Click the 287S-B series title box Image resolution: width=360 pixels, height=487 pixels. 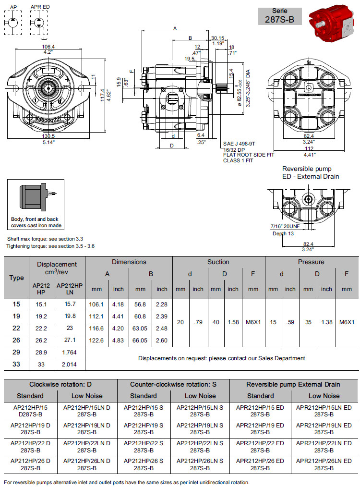tap(280, 16)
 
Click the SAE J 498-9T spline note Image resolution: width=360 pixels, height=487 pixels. tap(239, 143)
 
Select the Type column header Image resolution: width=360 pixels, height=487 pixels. tap(16, 278)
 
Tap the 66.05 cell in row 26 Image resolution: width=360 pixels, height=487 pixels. tap(140, 340)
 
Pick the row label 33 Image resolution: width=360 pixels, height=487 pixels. tap(16, 365)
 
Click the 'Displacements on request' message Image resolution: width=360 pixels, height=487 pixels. tap(221, 358)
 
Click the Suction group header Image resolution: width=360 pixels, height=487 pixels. tap(218, 262)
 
